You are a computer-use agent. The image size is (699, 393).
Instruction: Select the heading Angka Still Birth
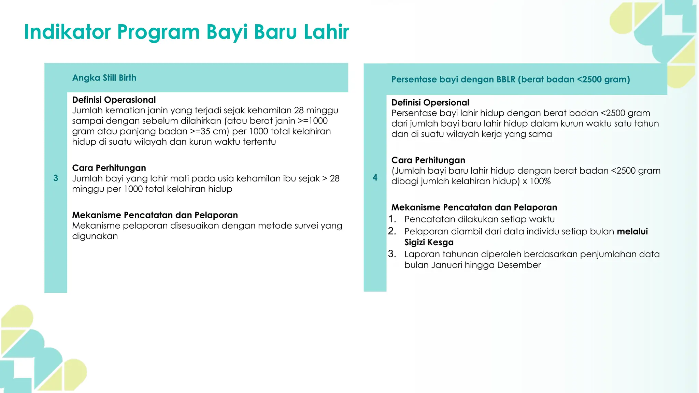[104, 78]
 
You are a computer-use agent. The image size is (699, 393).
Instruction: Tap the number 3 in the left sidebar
[56, 178]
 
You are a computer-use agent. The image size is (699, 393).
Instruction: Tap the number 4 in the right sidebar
[375, 177]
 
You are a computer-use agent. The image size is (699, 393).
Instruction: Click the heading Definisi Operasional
[114, 100]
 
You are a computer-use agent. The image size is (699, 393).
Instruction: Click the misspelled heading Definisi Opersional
[430, 102]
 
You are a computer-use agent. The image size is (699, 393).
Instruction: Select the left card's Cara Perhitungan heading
[109, 168]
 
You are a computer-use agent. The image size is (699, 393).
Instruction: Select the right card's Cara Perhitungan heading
[428, 160]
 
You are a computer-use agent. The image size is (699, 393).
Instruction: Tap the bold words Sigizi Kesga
[429, 242]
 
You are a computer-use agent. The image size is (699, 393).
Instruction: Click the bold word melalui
[632, 231]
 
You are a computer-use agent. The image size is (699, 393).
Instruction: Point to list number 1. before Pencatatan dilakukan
[392, 219]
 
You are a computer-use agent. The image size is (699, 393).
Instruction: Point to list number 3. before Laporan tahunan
[392, 254]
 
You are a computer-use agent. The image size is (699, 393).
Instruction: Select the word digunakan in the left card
[95, 236]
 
